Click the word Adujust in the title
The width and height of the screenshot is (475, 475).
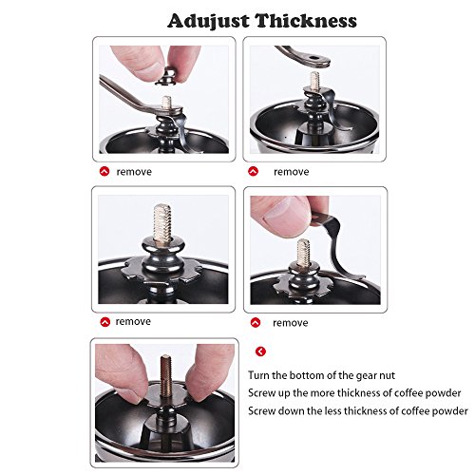[209, 21]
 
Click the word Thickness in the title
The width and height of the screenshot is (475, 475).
[306, 21]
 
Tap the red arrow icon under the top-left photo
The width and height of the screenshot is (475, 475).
[104, 171]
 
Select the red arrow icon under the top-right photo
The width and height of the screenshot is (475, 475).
[254, 171]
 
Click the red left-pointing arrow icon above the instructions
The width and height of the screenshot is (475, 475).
[260, 351]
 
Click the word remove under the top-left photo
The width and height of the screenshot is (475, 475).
[134, 172]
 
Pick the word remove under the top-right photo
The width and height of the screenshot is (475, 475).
[292, 172]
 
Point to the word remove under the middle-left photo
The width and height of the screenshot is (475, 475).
[133, 322]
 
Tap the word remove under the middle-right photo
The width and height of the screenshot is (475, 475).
[291, 323]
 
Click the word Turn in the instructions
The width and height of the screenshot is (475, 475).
[258, 375]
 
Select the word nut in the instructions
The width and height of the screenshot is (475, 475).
[387, 376]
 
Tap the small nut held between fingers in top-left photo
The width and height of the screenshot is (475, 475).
[165, 77]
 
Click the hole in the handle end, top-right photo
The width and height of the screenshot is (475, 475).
[314, 58]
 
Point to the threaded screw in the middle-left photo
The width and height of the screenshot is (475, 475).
[162, 224]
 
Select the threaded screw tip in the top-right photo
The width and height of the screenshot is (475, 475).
[314, 80]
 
